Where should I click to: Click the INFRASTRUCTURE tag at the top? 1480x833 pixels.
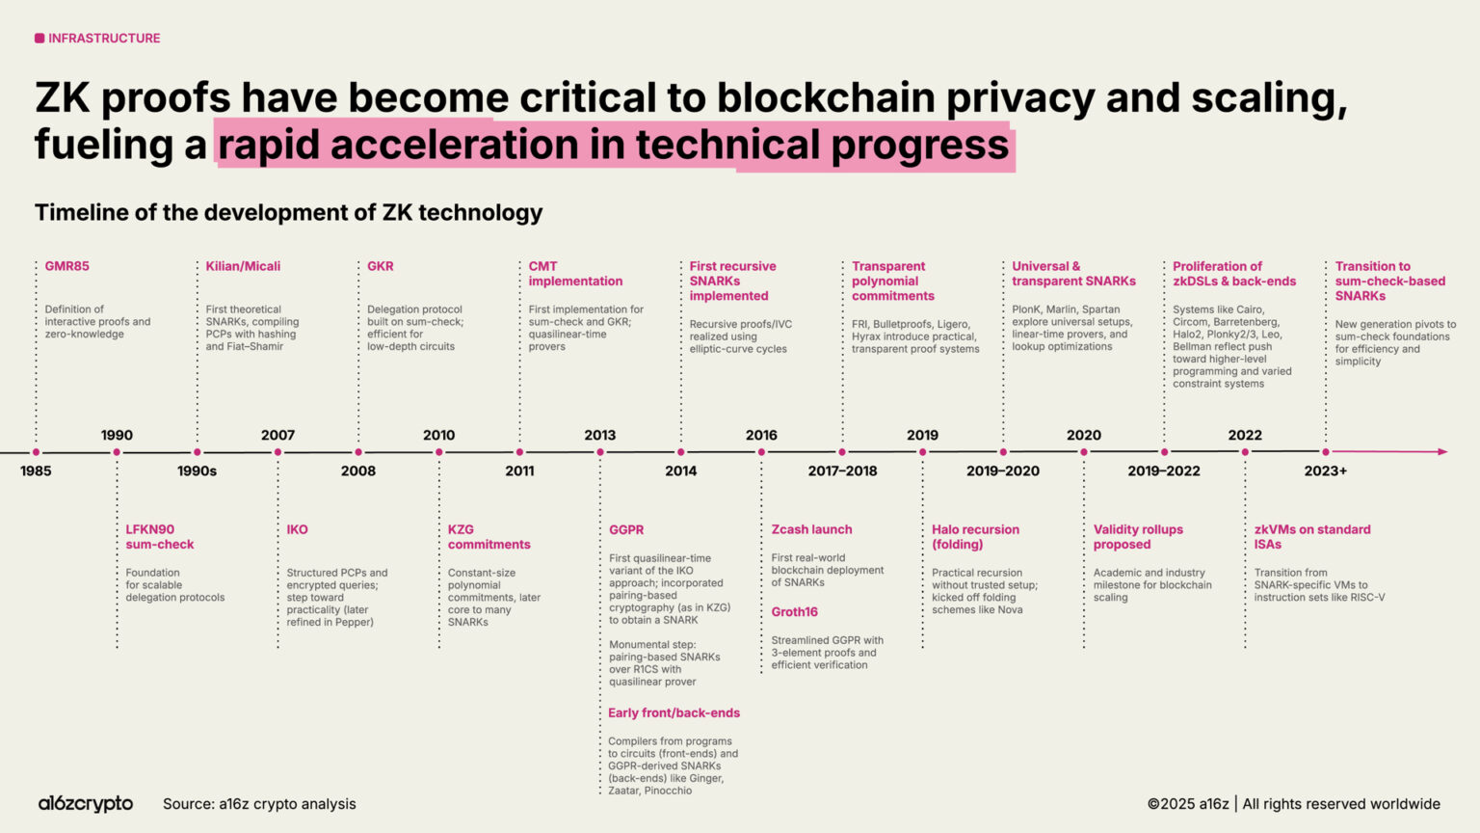pos(97,39)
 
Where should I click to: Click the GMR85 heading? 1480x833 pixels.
pos(66,266)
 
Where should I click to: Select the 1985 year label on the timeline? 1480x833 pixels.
pos(36,471)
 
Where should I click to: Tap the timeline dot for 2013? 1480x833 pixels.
pos(600,452)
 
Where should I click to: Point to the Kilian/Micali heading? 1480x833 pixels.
pos(243,266)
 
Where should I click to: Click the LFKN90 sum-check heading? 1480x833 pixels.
pos(159,537)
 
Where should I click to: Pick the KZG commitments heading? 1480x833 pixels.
pos(489,537)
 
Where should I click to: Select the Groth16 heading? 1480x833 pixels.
pos(794,612)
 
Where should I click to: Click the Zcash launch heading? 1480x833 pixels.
pos(811,529)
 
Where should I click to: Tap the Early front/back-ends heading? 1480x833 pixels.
pos(674,713)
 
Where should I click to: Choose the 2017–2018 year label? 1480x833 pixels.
pos(842,471)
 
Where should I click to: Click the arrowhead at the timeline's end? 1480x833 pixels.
pos(1441,452)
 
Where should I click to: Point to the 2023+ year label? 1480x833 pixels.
pos(1325,471)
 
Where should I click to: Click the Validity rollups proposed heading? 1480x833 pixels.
pos(1138,537)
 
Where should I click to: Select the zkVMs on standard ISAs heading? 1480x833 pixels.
pos(1311,537)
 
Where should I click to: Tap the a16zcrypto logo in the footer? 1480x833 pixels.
pos(86,804)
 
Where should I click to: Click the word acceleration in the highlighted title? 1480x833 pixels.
pos(477,146)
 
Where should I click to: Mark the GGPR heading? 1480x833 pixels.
pos(626,529)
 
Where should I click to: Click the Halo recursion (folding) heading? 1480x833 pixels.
pos(975,537)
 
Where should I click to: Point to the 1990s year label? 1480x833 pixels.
pos(197,471)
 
